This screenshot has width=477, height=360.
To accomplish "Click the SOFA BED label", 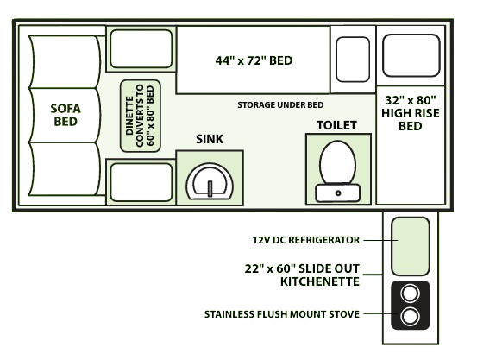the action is coord(66,115).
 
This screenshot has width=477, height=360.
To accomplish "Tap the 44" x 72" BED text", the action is coord(254,60).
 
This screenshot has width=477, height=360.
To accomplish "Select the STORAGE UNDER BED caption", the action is coord(280,105).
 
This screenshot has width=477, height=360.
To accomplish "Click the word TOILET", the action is coord(336,125).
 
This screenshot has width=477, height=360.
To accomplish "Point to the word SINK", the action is coord(210,139).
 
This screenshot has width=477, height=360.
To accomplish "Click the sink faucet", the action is coord(210,189).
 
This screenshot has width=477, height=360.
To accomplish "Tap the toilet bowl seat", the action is coord(337,162).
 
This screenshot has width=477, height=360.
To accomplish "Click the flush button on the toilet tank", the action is coord(338,193).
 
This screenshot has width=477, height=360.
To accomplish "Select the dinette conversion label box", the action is coord(141,116).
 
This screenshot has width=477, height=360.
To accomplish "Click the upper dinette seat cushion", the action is coord(141,48).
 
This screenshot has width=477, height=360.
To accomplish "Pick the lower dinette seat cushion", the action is coord(141,182).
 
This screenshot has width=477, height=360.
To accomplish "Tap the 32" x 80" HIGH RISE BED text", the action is coord(411,113).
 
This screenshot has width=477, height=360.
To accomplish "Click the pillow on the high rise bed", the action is coord(411,55).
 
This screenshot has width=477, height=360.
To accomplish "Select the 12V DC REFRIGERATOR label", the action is coord(305,240).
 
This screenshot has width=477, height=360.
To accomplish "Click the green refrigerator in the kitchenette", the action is coord(411,246).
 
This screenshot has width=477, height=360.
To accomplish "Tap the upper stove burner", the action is coord(410,294).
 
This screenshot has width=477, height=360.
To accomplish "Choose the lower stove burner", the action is coord(410,317).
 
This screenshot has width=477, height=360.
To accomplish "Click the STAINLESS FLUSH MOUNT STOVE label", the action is coord(282,314).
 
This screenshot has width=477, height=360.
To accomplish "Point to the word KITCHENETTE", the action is coord(320,281).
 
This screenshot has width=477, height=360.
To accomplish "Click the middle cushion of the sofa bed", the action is coord(65,115).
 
